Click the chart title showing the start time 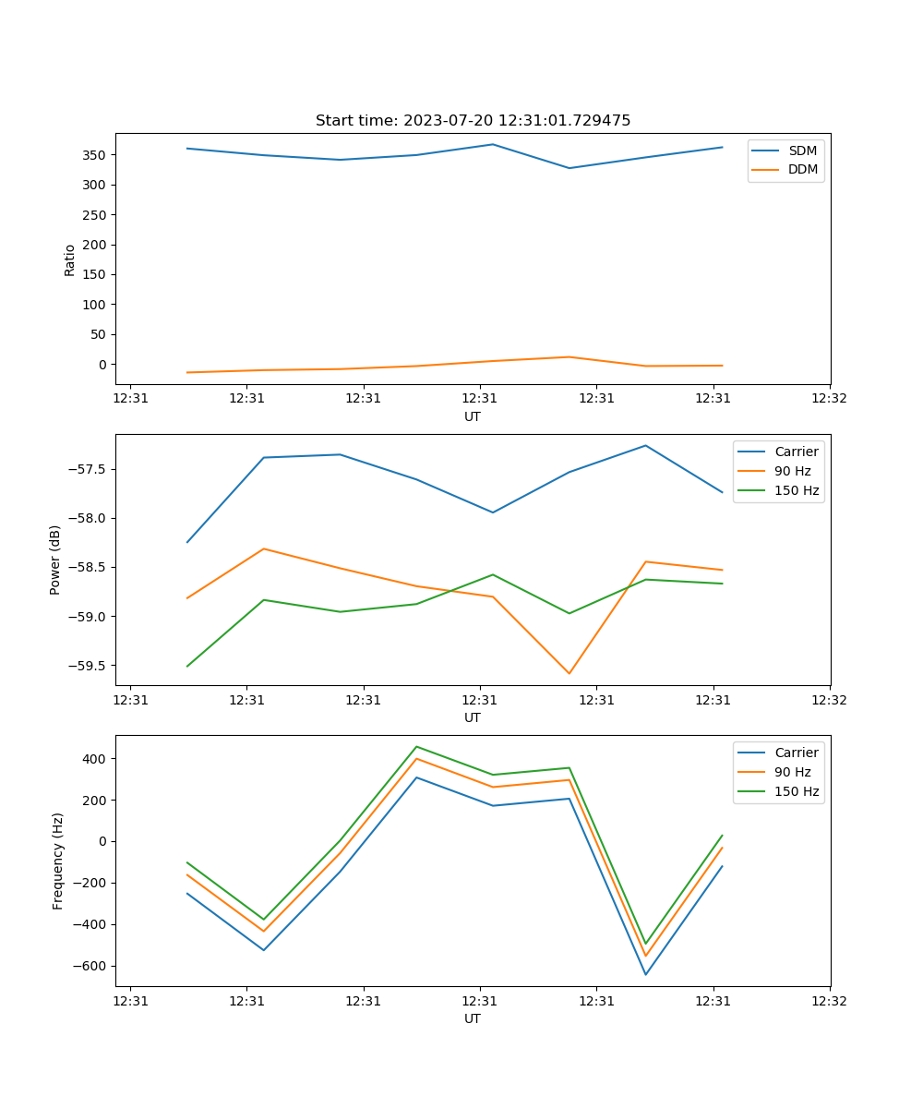(x=473, y=121)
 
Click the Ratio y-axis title (x=70, y=259)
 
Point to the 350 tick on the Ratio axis (x=95, y=155)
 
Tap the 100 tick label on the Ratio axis (x=95, y=305)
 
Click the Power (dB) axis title (x=55, y=560)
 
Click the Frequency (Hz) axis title (x=58, y=861)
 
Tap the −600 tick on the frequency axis (x=89, y=966)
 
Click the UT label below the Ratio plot (x=473, y=416)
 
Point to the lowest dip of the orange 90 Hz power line (x=569, y=673)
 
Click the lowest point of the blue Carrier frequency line (x=645, y=974)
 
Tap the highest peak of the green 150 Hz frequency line (x=416, y=746)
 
